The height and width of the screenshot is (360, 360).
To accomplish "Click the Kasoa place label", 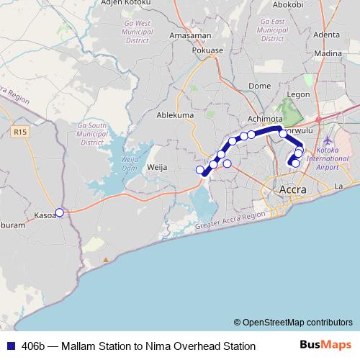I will pos(45,215).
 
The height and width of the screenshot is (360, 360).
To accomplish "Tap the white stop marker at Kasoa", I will pos(60,212).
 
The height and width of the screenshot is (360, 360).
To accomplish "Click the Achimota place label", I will pos(264,120).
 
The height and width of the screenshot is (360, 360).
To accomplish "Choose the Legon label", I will pos(297,94).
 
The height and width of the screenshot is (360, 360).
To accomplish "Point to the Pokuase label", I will pos(208,51).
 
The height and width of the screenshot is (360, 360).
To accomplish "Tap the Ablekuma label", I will pos(176,114).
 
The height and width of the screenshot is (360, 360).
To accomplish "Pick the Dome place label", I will pos(259,86).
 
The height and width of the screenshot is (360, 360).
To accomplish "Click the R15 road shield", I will pos(20,132).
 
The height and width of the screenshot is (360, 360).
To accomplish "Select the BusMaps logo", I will pos(326,345).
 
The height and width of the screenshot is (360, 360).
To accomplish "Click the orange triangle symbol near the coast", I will pos(106,258).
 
